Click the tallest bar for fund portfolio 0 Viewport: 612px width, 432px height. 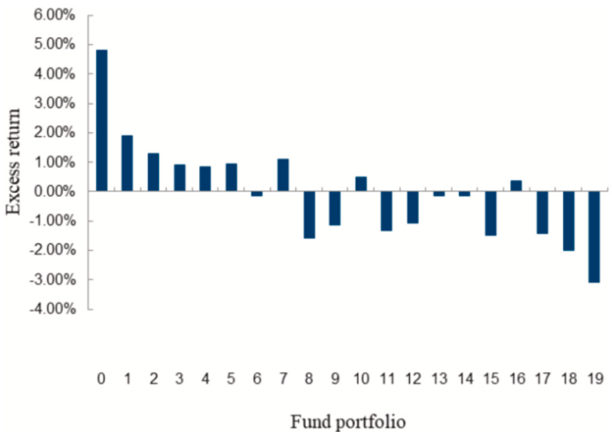[101, 120]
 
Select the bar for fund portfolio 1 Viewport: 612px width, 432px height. [127, 163]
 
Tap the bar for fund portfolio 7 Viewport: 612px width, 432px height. [283, 174]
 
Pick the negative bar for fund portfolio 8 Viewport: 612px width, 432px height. [309, 214]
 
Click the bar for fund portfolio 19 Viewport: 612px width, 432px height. [594, 236]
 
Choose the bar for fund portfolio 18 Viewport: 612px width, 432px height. [569, 220]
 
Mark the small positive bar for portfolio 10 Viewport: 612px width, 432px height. [361, 183]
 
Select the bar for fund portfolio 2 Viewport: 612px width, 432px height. [153, 172]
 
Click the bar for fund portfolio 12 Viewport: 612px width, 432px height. [413, 207]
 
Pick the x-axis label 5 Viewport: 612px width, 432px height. [231, 378]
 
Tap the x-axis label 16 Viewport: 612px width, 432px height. [517, 378]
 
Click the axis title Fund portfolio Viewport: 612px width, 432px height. [348, 420]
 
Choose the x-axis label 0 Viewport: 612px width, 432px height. [101, 378]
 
